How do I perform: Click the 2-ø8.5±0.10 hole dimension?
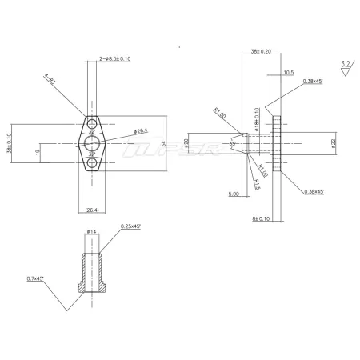pos(115,58)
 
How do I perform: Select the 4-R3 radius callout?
pos(50,79)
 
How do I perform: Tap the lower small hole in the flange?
pos(94,163)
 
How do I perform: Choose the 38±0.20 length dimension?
pos(261,50)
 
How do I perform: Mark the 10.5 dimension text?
pos(288,72)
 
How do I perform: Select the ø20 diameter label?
pos(209,144)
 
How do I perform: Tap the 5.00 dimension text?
pos(234,193)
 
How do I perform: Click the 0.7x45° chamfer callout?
pos(34,278)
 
